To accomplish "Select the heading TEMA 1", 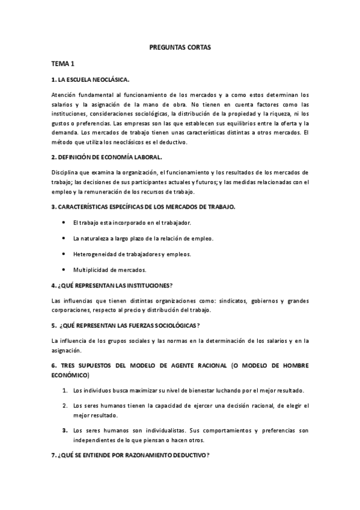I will (x=63, y=63).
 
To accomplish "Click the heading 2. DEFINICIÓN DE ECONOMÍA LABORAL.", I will (x=107, y=157).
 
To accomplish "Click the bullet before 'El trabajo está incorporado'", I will (x=64, y=223).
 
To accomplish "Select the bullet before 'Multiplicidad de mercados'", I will (x=64, y=269).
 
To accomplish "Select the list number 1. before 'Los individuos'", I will (x=65, y=390).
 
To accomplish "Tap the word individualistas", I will (x=159, y=430).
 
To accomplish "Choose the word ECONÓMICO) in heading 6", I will (x=70, y=375).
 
